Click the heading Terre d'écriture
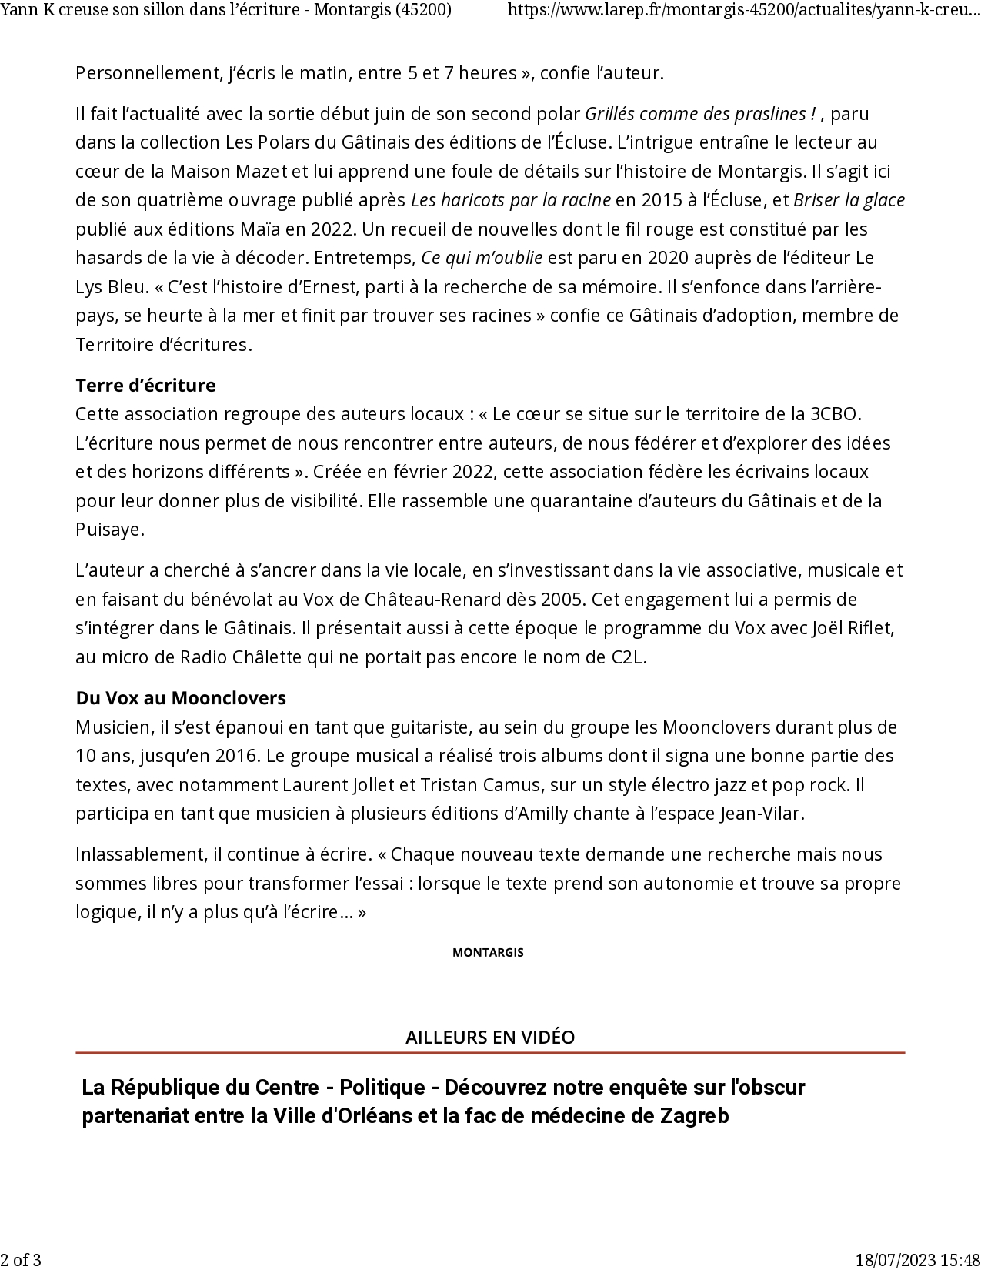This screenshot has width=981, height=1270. (x=145, y=385)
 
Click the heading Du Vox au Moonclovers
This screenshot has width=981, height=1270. (x=181, y=698)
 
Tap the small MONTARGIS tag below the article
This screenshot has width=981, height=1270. (x=488, y=952)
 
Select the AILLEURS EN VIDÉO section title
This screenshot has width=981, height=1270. (x=490, y=1037)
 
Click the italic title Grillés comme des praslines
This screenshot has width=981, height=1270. (x=700, y=114)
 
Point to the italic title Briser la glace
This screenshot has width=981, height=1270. (x=849, y=200)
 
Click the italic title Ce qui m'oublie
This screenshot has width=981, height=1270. (x=482, y=258)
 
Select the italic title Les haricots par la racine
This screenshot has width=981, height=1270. (x=511, y=200)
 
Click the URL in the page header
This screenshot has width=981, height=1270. (x=743, y=10)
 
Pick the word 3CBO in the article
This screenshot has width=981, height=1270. (x=833, y=414)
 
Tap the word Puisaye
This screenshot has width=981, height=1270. (x=109, y=530)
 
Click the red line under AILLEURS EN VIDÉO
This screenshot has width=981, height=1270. (x=490, y=1052)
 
